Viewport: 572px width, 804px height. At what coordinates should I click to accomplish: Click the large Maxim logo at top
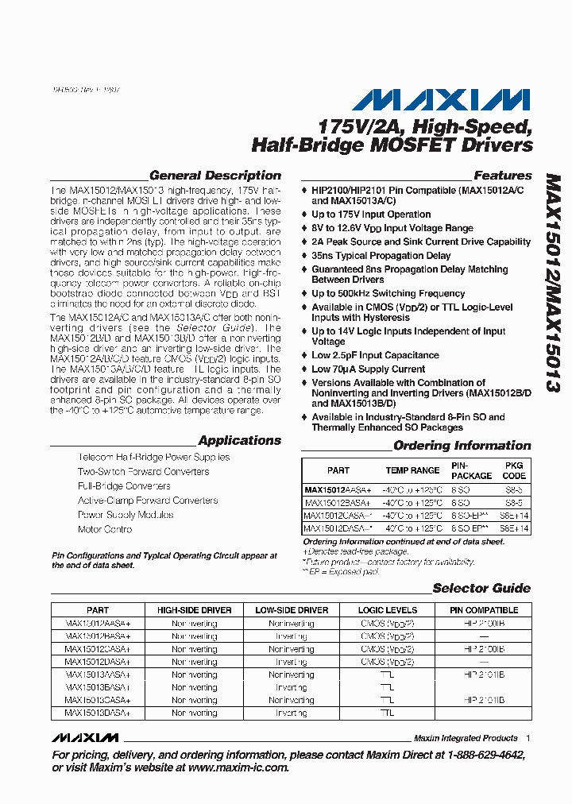[x=441, y=99]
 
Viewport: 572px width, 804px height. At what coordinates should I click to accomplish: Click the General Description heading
[x=214, y=176]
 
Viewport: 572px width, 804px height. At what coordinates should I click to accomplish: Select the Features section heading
[x=502, y=176]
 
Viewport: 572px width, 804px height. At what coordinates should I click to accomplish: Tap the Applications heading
[x=239, y=441]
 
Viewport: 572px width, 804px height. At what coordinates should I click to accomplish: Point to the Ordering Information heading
[x=462, y=446]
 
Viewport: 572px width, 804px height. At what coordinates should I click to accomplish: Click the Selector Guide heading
[x=481, y=589]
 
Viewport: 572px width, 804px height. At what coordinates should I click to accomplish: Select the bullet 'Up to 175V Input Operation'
[x=370, y=215]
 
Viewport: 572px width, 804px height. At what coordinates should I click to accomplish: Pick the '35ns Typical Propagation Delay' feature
[x=381, y=256]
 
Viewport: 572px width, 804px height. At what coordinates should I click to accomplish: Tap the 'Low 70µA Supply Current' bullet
[x=368, y=369]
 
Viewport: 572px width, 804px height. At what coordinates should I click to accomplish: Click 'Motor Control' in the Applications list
[x=105, y=529]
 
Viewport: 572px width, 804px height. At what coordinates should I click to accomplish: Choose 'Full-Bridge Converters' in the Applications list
[x=124, y=486]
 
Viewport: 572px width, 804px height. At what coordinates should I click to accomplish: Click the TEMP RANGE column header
[x=412, y=470]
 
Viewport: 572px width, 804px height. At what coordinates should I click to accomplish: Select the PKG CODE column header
[x=514, y=470]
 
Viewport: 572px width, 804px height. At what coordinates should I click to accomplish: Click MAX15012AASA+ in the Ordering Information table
[x=338, y=490]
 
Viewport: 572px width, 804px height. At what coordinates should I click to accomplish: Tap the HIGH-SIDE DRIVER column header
[x=194, y=610]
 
